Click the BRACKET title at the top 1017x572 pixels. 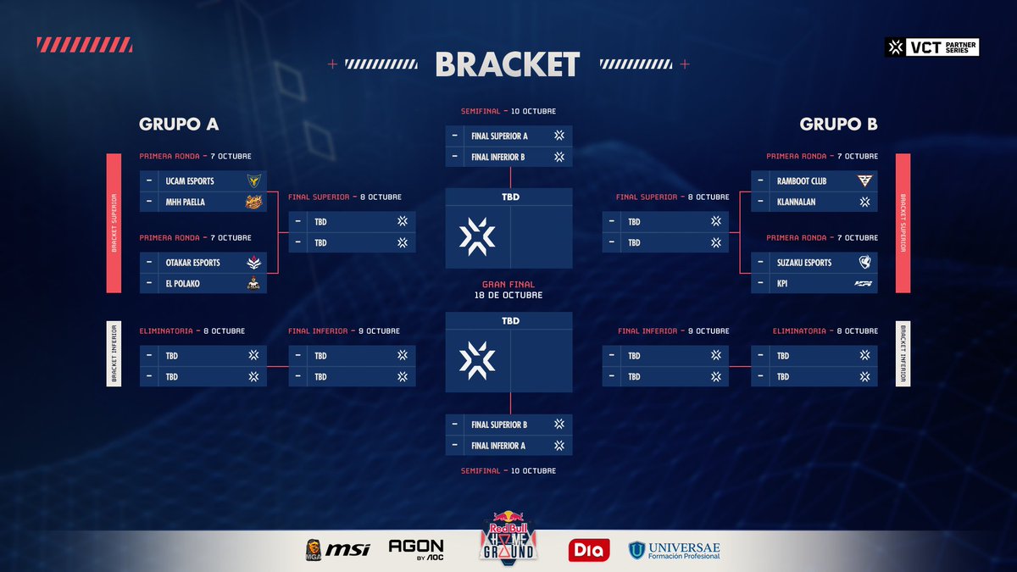click(508, 64)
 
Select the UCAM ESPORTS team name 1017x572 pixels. click(190, 180)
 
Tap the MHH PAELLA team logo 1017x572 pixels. click(253, 202)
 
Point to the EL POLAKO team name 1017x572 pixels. click(183, 284)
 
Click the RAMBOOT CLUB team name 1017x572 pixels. click(801, 180)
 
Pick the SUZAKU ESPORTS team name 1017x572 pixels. click(804, 263)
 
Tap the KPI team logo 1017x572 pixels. click(864, 284)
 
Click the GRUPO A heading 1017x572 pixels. click(179, 124)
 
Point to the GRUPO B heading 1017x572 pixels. click(838, 124)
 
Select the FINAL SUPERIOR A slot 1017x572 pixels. click(499, 136)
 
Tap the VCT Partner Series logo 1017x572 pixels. click(931, 47)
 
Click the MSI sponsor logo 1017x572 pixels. click(348, 549)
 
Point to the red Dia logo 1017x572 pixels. click(588, 550)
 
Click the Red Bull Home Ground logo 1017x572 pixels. click(508, 538)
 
